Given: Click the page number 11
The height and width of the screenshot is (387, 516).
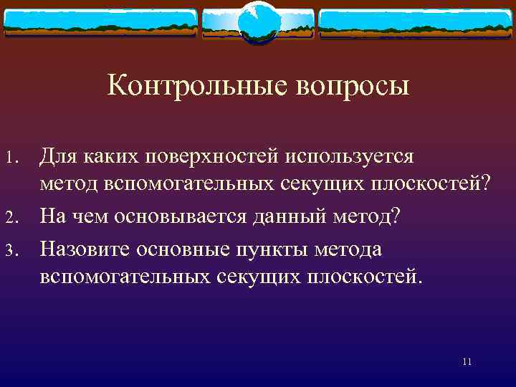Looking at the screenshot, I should [467, 362].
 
